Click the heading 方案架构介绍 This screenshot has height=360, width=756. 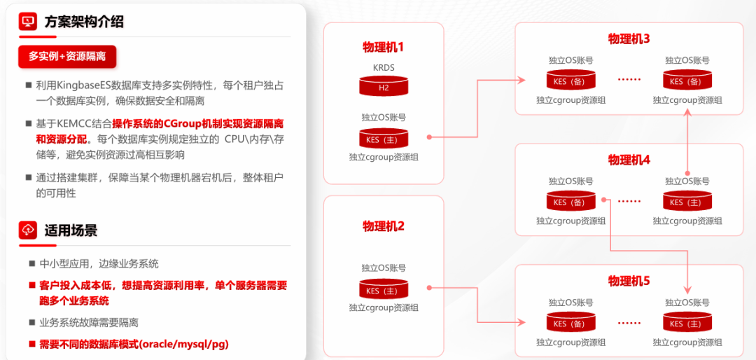(84, 22)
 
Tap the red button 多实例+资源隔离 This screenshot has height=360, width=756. (67, 56)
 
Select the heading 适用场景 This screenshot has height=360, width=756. (71, 230)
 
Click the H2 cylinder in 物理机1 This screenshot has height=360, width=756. (384, 87)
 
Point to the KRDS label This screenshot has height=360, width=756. (384, 68)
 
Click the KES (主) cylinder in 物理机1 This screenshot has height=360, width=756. (384, 138)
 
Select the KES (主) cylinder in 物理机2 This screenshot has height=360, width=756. (384, 290)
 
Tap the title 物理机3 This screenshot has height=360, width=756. (629, 39)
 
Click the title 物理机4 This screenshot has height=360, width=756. (629, 160)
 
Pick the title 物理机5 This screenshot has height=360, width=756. (629, 281)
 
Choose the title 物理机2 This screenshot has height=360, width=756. (384, 226)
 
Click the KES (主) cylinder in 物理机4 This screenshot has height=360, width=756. (687, 202)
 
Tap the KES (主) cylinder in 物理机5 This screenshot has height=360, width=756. (687, 323)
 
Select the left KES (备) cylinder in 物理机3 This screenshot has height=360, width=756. (570, 81)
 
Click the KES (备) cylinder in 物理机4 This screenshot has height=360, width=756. (570, 202)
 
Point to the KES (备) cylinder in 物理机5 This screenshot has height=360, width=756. (570, 323)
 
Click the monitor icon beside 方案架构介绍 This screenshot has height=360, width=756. (29, 22)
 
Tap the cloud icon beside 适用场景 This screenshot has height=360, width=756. (29, 230)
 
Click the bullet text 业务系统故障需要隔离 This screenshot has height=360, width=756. (89, 323)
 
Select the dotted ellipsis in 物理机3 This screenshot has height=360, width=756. (629, 80)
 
